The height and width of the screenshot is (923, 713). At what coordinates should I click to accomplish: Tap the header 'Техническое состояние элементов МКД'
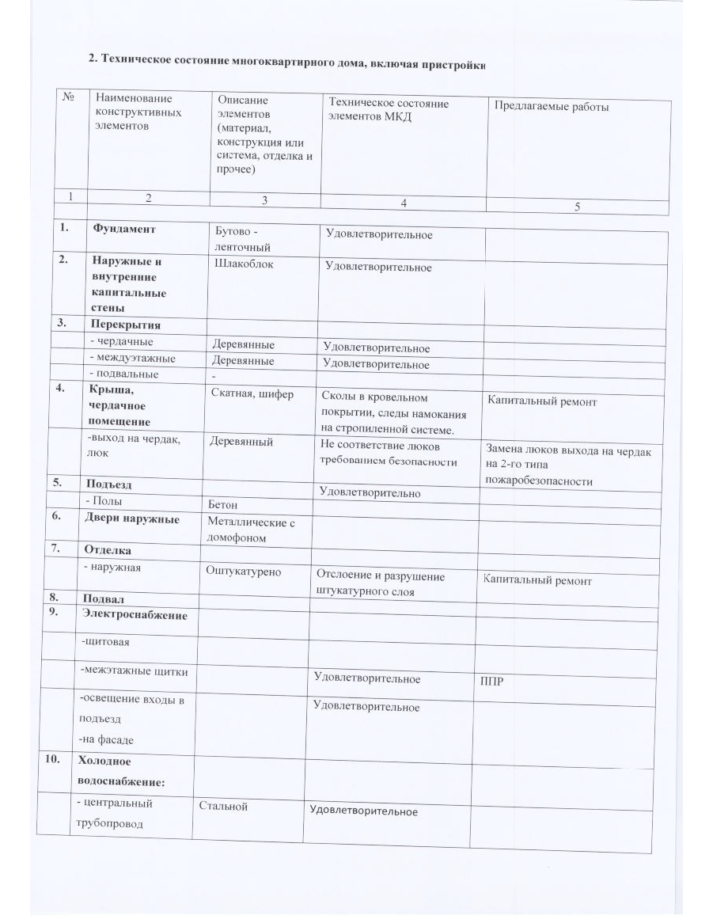388,110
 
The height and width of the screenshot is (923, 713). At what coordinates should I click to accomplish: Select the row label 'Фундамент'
123,229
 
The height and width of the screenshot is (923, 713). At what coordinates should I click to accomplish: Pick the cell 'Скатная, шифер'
252,393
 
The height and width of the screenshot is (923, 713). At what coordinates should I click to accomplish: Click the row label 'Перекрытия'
125,325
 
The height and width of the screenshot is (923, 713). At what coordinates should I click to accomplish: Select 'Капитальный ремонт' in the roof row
542,401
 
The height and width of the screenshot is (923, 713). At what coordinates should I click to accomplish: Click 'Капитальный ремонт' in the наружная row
537,580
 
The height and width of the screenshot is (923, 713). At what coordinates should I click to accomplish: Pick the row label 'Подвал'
101,598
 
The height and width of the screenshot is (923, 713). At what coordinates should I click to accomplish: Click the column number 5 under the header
577,207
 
